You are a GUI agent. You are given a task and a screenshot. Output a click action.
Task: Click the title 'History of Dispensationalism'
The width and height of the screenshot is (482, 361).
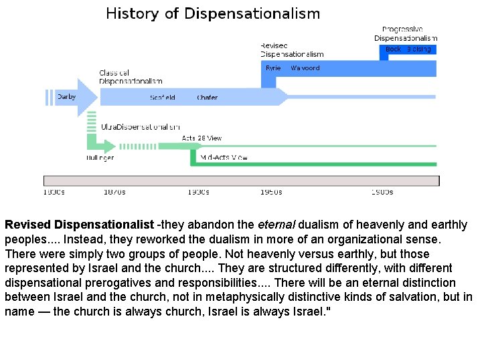(213, 13)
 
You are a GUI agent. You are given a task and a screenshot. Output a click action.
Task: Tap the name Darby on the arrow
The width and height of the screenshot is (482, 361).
(66, 97)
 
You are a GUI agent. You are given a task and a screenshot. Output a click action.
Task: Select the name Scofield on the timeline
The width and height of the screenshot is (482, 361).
(163, 98)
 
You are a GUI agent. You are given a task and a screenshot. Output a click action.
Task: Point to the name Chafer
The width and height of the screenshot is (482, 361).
(207, 98)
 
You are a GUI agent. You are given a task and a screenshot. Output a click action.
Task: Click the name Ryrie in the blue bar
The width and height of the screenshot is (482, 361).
(273, 68)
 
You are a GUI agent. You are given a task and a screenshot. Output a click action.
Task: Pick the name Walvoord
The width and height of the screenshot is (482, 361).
(305, 68)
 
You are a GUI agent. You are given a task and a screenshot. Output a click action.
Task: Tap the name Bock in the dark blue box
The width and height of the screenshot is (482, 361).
(393, 49)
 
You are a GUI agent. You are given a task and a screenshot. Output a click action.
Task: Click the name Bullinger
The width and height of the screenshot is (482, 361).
(100, 158)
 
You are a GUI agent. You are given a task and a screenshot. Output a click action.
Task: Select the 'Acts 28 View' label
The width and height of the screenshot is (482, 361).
(202, 138)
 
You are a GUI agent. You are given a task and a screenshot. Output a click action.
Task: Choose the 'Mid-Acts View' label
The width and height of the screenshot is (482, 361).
(224, 158)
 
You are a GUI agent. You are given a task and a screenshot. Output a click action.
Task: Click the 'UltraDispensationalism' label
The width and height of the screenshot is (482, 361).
(141, 126)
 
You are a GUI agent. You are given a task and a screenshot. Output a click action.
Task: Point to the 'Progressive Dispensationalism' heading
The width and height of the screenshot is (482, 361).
(406, 33)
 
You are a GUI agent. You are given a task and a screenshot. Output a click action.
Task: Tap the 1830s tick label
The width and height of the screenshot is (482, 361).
(54, 193)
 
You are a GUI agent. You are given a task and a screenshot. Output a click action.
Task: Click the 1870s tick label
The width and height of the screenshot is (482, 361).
(114, 193)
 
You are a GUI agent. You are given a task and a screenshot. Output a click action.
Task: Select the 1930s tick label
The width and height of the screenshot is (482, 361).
(198, 193)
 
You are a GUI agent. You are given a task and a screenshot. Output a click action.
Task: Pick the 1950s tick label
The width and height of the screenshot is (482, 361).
(271, 193)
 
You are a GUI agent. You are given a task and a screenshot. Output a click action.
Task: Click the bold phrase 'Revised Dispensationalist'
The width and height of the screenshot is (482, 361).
(79, 225)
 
